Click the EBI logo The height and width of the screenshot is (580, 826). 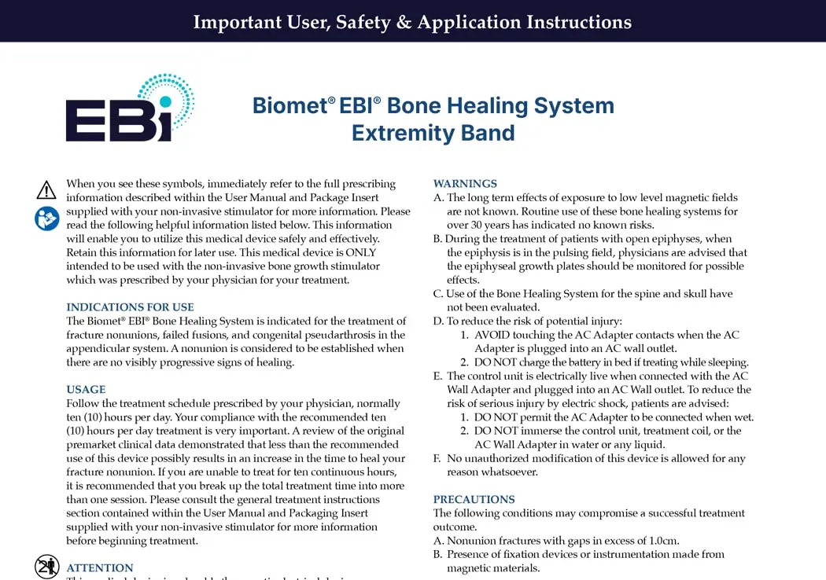click(x=130, y=108)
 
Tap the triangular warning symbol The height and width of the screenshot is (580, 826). click(x=46, y=190)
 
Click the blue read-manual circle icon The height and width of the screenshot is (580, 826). click(x=47, y=218)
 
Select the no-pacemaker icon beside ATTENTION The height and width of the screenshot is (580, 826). click(x=47, y=567)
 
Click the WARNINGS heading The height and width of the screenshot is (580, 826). click(x=465, y=184)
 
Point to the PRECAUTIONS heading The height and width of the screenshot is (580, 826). click(x=474, y=500)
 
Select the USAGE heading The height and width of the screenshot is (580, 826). click(x=86, y=390)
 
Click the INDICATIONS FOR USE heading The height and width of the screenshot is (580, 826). click(x=130, y=307)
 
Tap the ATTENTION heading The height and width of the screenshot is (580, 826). click(x=100, y=568)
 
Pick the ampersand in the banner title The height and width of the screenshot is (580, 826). click(x=404, y=22)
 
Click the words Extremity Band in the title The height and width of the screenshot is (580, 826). click(x=433, y=133)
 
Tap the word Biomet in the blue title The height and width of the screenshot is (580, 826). click(x=289, y=106)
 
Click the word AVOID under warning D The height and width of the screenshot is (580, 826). click(x=492, y=335)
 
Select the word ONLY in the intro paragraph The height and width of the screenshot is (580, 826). click(x=361, y=252)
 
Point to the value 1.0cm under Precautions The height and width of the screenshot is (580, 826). click(x=664, y=541)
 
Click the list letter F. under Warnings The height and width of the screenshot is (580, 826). click(x=437, y=458)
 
